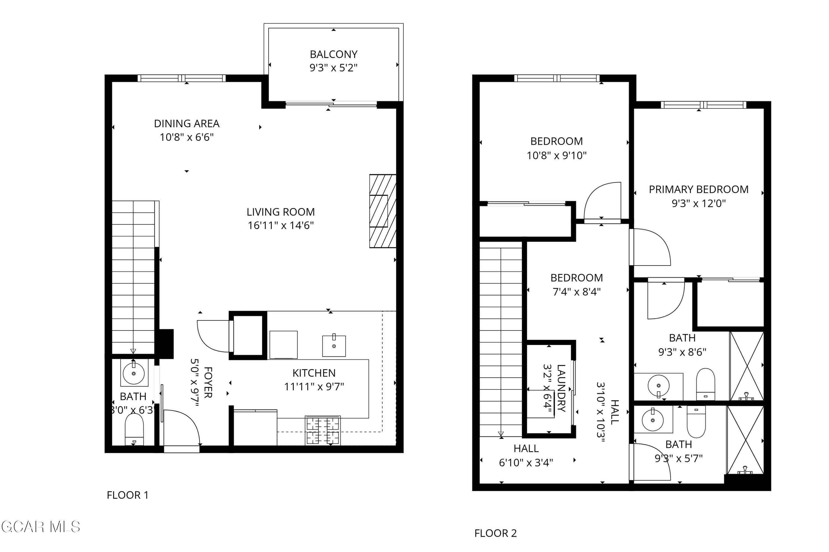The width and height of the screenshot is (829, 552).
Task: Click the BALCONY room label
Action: click(334, 54)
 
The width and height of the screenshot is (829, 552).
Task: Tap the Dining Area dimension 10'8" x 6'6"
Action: click(187, 137)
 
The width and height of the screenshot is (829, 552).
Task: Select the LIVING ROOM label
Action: click(280, 212)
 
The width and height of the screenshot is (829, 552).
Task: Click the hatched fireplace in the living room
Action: click(382, 211)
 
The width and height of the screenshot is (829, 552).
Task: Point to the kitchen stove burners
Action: click(323, 431)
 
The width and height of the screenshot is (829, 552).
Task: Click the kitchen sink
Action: click(334, 346)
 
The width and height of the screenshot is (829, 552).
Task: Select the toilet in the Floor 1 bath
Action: click(134, 429)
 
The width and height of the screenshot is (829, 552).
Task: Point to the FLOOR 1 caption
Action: click(128, 495)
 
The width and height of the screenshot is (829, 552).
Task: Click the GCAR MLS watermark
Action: click(41, 527)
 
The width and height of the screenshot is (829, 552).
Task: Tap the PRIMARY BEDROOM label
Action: click(699, 189)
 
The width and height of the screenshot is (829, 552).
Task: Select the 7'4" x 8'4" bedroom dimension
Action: click(577, 292)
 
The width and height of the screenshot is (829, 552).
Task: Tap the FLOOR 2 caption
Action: click(495, 533)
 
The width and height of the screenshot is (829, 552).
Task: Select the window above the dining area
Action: click(182, 78)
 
